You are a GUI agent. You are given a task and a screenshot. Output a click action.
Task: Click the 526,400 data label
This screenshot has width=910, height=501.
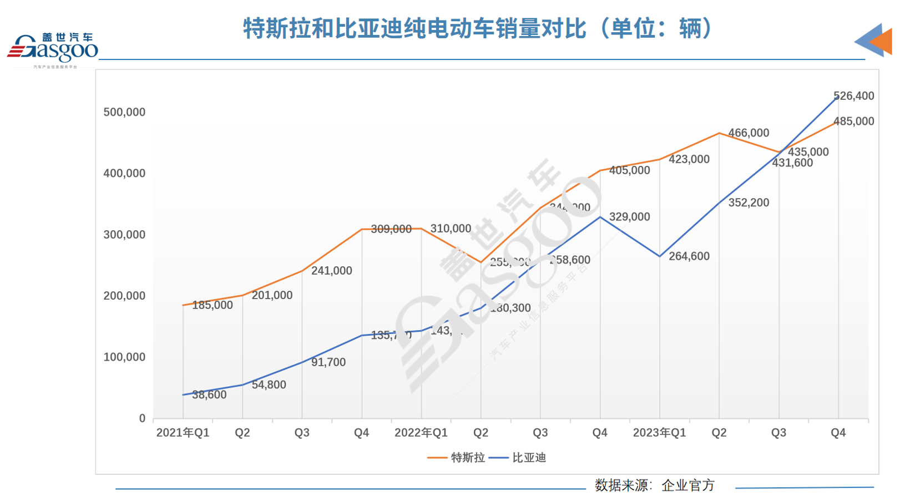coord(853,96)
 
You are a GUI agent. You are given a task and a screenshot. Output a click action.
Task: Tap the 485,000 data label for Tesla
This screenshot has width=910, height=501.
coord(853,122)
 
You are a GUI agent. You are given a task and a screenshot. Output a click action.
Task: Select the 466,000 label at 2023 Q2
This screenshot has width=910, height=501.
coord(749,133)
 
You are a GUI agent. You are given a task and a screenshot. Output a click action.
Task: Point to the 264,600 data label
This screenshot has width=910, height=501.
coord(689,256)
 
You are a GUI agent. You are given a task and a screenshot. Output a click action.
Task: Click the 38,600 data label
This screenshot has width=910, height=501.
coord(209,395)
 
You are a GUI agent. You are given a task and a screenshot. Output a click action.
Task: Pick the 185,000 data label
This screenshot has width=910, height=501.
coord(213,305)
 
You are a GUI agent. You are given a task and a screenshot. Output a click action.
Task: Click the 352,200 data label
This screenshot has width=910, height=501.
coord(749,203)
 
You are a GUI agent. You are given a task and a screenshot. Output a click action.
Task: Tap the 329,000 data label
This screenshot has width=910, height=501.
coord(629,217)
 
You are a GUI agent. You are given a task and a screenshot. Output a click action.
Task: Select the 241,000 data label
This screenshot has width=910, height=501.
coord(331,271)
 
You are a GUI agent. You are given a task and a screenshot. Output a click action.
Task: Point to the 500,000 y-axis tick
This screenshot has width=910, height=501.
coord(124,113)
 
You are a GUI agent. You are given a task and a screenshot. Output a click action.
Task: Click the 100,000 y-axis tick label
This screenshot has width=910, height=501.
coord(124,357)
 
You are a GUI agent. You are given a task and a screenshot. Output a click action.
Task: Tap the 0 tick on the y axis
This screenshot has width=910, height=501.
coord(142,419)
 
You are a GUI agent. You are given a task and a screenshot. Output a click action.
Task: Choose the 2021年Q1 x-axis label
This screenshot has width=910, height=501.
coord(183,433)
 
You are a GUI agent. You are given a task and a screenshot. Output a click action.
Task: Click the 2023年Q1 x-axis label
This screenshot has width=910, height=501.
coord(659,433)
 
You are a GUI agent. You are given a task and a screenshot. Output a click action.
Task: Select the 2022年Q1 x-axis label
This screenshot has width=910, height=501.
coord(421,433)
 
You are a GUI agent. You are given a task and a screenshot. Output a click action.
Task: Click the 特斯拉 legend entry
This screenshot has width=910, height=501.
coord(457,458)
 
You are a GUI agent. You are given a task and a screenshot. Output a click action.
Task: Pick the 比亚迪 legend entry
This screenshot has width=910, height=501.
coord(518,458)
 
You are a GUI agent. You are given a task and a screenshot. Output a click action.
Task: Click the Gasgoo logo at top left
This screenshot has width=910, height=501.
coord(53,49)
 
